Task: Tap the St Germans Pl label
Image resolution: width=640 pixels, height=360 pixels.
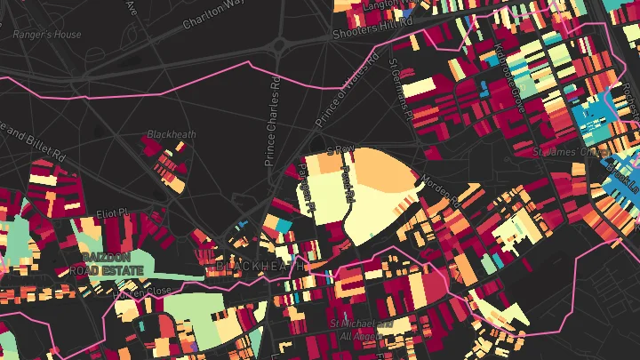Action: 400,89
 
